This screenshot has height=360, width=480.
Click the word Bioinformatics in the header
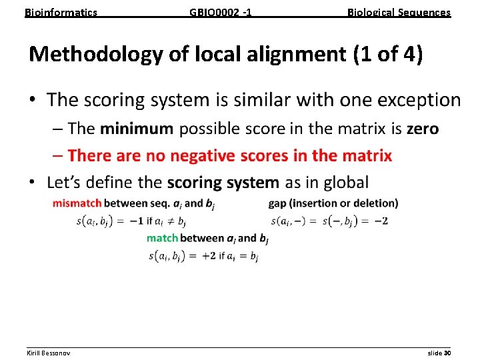tap(61, 12)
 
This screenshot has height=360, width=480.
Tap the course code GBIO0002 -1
tap(221, 12)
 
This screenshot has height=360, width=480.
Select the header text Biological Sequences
tap(399, 12)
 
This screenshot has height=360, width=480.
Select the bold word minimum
tap(136, 129)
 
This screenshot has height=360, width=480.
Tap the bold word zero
tap(423, 129)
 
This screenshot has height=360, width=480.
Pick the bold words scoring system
tap(223, 182)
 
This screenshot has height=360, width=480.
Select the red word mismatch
tap(77, 203)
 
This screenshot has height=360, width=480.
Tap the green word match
tap(162, 238)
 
